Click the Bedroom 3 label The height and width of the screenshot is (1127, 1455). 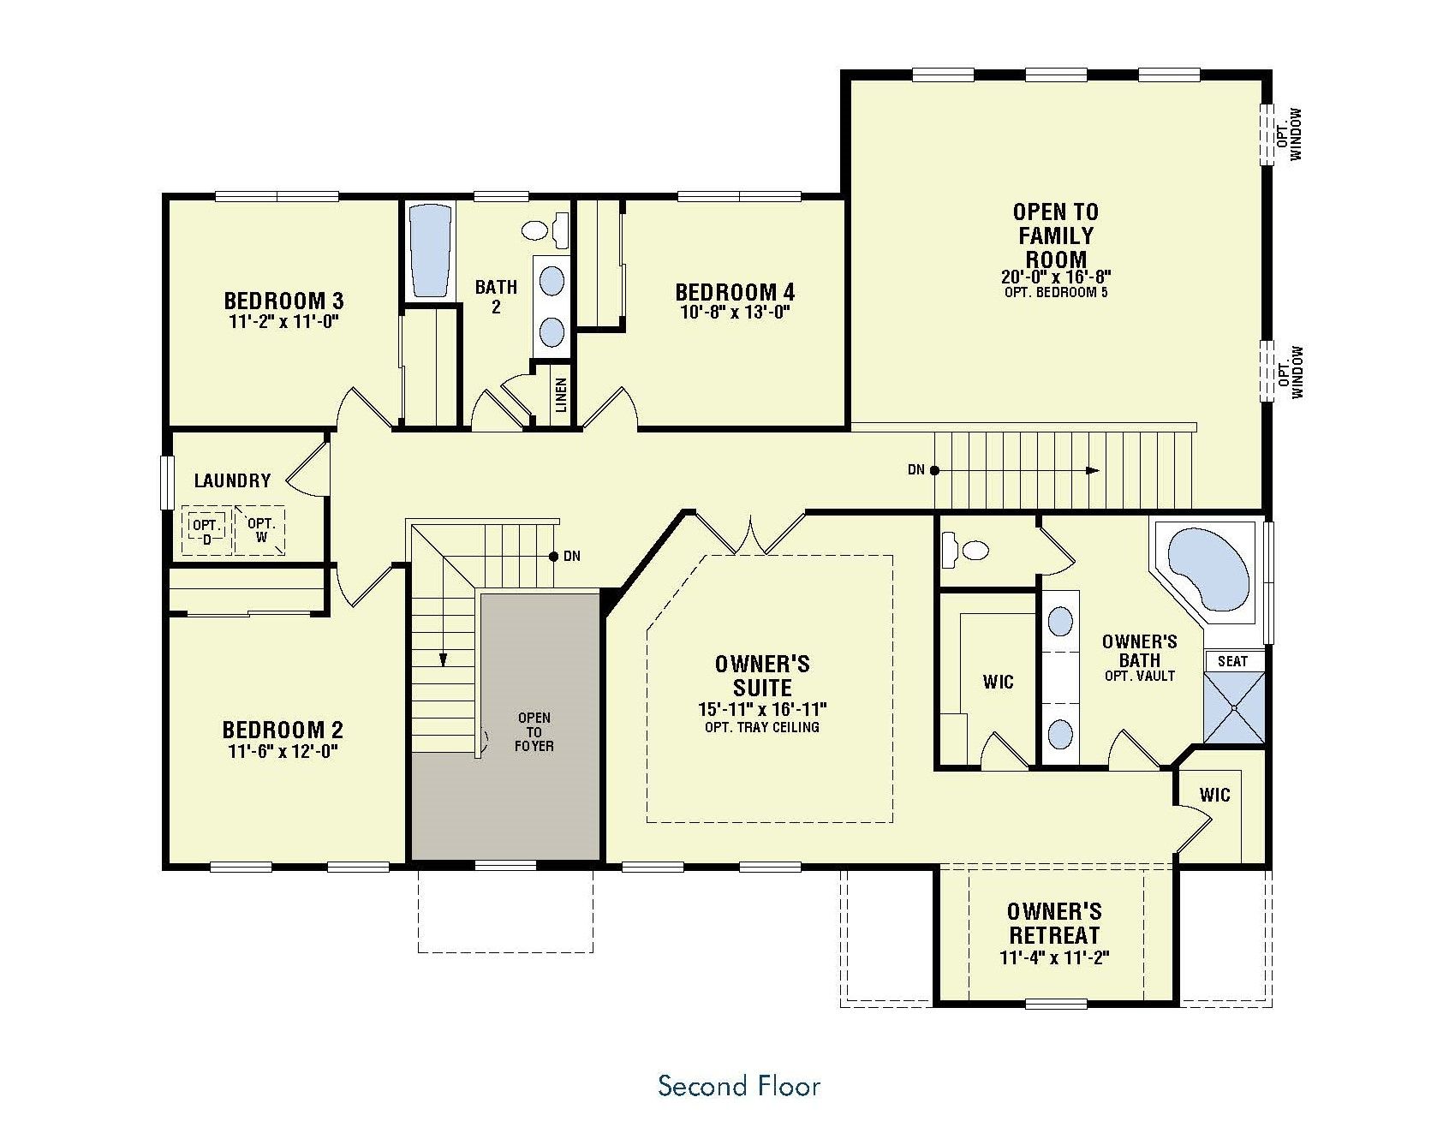283,301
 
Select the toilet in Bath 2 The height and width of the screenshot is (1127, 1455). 545,229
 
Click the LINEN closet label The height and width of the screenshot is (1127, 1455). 562,396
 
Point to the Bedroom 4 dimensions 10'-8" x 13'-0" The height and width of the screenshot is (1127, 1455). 734,313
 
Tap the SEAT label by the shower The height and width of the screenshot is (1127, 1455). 1233,661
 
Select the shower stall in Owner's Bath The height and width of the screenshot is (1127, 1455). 1234,707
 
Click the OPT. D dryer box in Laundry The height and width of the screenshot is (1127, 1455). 206,531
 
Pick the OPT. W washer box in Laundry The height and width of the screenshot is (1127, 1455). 259,531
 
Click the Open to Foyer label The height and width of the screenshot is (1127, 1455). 534,731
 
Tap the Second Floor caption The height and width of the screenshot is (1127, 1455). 739,1086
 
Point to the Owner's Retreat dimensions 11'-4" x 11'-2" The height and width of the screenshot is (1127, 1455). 1054,957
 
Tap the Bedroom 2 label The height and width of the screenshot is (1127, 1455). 283,730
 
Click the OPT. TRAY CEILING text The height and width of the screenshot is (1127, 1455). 761,727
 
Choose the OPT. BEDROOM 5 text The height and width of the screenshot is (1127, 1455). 1056,292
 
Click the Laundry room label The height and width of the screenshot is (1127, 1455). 232,480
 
